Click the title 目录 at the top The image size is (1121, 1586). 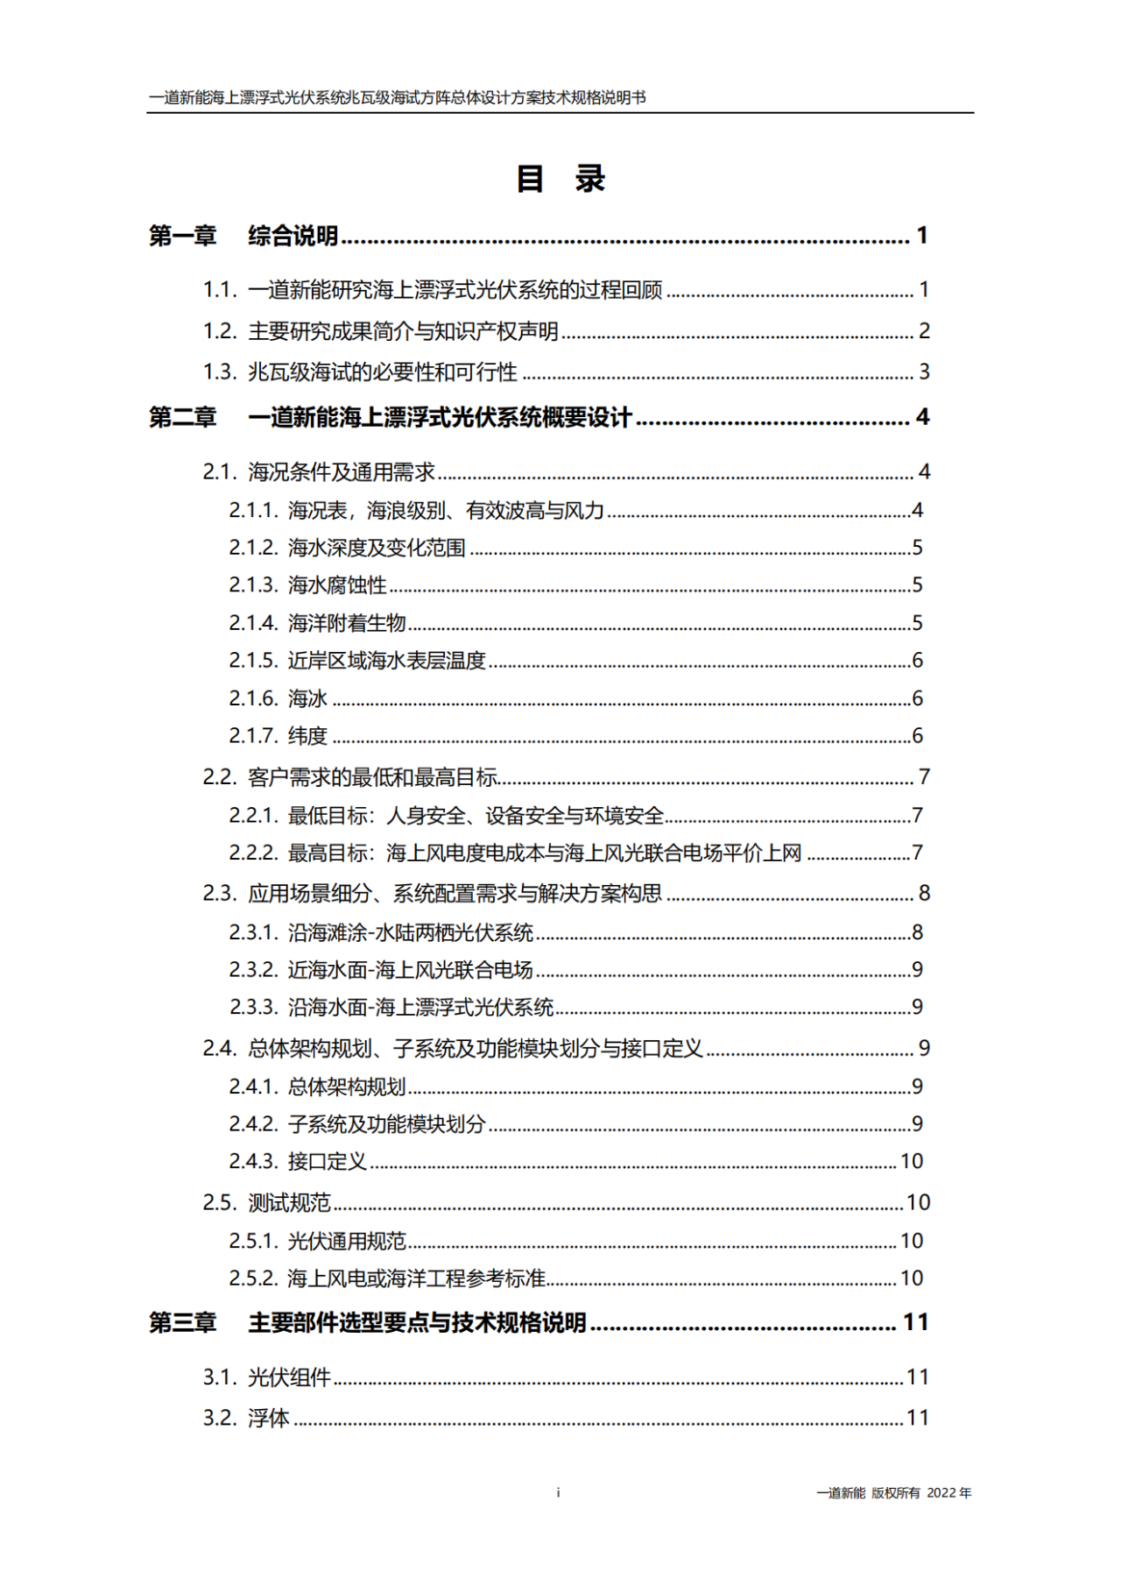point(560,179)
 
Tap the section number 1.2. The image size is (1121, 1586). point(220,331)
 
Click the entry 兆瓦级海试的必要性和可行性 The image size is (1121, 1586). point(383,372)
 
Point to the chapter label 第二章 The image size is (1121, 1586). point(182,417)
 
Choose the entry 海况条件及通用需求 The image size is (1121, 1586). point(342,472)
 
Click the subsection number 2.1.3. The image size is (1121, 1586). point(253,585)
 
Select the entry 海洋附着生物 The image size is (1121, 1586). point(347,623)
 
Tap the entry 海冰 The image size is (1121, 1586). point(307,698)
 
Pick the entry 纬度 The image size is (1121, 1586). point(307,736)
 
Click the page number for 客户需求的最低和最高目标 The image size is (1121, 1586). point(923,777)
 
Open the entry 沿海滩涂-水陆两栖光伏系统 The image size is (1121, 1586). point(411,932)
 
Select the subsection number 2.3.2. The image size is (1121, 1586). point(253,970)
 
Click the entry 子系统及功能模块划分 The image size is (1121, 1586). point(386,1124)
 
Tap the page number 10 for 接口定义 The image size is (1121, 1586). point(912,1162)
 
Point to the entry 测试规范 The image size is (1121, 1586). point(289,1203)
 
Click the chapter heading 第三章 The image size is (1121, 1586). point(182,1322)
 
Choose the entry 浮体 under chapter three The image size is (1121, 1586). point(268,1419)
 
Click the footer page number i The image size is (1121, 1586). point(559,1492)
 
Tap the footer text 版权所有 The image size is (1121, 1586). point(895,1493)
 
